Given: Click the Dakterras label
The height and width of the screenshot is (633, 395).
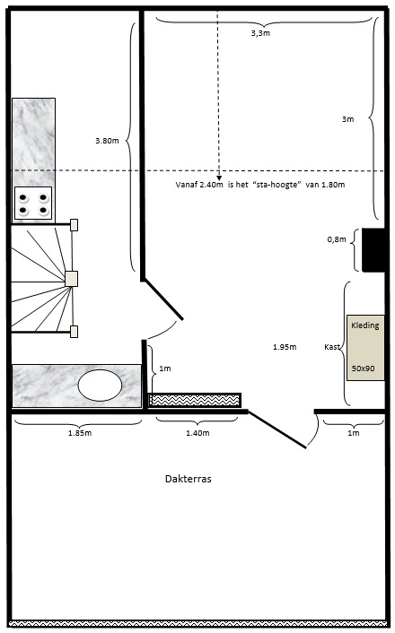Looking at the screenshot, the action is click(188, 479).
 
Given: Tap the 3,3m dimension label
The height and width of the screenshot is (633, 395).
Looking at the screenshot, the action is click(260, 33).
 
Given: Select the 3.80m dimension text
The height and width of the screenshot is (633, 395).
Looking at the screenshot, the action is click(107, 141).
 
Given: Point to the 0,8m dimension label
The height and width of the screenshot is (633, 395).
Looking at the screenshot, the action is click(337, 239).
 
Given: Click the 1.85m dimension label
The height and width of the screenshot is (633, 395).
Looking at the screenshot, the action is click(80, 433).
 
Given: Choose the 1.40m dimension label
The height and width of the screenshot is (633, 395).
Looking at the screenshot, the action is click(197, 433).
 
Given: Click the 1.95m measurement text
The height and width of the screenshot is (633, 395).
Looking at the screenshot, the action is click(285, 347).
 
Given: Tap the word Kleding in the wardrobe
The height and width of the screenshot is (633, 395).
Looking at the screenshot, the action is click(365, 325).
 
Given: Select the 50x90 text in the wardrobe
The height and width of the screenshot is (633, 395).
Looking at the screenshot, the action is click(363, 369).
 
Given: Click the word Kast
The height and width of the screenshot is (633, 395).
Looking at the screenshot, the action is click(332, 347).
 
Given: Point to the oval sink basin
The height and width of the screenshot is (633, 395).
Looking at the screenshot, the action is click(100, 385).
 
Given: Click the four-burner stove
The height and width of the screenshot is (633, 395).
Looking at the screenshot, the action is click(33, 203).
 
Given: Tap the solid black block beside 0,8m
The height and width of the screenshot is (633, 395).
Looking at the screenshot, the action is click(373, 250).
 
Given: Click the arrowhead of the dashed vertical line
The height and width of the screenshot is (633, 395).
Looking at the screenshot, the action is click(219, 178).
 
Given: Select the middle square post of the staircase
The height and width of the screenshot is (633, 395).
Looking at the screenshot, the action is click(71, 279).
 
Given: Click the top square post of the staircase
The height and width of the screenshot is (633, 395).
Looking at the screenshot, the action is click(74, 225).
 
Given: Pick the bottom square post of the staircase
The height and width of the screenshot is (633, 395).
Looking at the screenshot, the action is click(74, 332).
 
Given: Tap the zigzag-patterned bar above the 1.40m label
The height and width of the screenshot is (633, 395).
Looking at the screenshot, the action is click(195, 400).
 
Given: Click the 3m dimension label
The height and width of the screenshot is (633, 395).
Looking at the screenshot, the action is click(347, 119).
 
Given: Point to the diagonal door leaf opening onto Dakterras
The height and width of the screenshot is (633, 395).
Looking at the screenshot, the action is click(277, 429).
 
